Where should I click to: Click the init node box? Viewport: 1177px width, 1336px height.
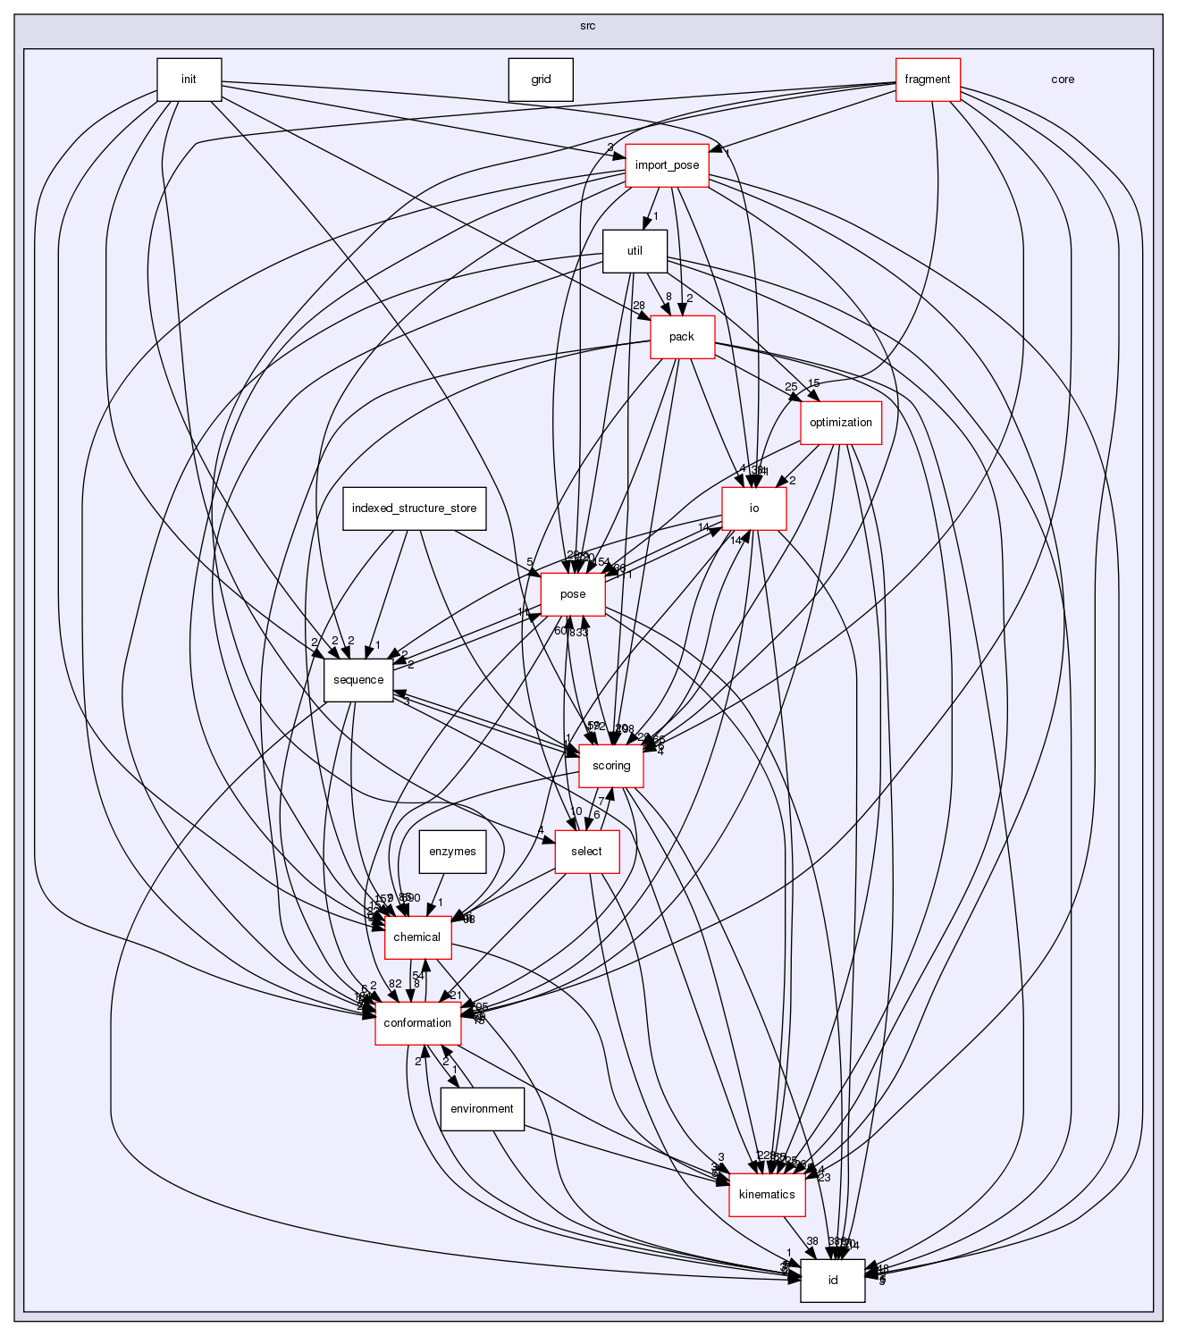tap(189, 80)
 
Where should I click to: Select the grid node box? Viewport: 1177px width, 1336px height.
tap(541, 80)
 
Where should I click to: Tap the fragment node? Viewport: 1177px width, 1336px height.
tap(928, 80)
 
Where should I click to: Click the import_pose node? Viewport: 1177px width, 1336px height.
tap(667, 165)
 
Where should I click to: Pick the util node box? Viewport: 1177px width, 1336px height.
tap(635, 251)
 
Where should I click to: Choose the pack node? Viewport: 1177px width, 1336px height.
tap(682, 337)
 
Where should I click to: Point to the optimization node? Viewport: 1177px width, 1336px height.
tap(840, 423)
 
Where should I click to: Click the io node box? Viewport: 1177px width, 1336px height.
tap(753, 508)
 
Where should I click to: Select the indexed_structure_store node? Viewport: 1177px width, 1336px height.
tap(414, 508)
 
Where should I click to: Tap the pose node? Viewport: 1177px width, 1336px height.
tap(573, 594)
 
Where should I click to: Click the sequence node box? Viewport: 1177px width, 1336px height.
tap(357, 680)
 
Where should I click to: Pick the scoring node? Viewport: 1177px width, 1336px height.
tap(611, 766)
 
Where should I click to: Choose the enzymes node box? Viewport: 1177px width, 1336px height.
tap(452, 852)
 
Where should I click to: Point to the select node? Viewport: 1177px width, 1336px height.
tap(586, 852)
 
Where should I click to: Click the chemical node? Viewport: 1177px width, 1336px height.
tap(417, 937)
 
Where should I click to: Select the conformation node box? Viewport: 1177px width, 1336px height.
tap(417, 1023)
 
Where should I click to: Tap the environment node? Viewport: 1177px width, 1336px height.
tap(482, 1109)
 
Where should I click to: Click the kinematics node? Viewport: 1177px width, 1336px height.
tap(767, 1195)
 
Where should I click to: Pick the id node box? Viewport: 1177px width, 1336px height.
tap(832, 1281)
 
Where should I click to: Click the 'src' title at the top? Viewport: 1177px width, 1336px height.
tap(587, 25)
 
